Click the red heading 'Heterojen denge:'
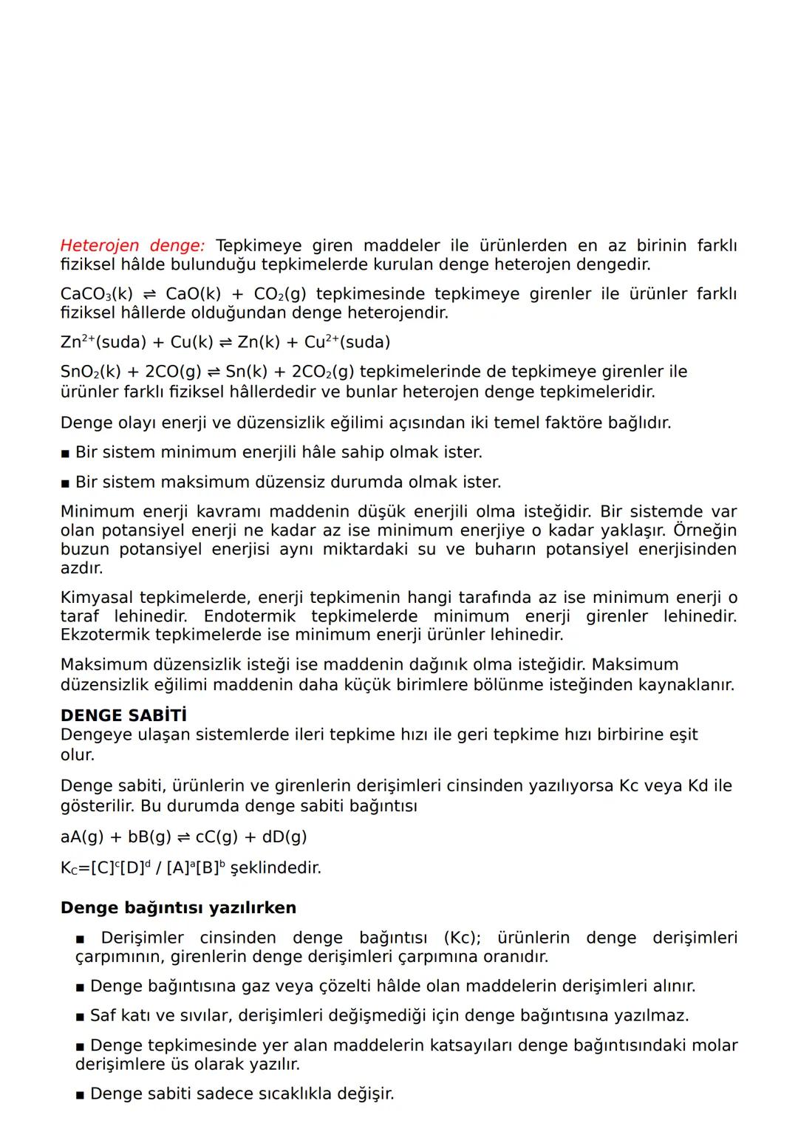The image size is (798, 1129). pos(133,245)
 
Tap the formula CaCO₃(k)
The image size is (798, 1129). pos(95,294)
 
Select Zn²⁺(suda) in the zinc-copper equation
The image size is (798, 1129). pos(103,342)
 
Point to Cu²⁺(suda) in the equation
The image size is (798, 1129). pos(347,342)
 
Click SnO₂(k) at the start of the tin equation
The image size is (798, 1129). pos(90,372)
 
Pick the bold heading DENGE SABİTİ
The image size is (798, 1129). pos(123,715)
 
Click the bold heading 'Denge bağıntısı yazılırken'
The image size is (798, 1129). pos(178,907)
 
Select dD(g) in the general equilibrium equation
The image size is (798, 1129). pos(284,836)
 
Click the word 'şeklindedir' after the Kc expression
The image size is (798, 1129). pos(276,867)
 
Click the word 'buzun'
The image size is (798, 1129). pos(84,549)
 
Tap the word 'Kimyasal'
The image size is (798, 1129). pos(97,597)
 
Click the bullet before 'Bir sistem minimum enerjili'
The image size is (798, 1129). pos(66,453)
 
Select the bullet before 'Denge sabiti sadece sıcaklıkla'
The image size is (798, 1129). pos(80,1094)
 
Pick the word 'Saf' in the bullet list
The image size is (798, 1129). pos(103,1015)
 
